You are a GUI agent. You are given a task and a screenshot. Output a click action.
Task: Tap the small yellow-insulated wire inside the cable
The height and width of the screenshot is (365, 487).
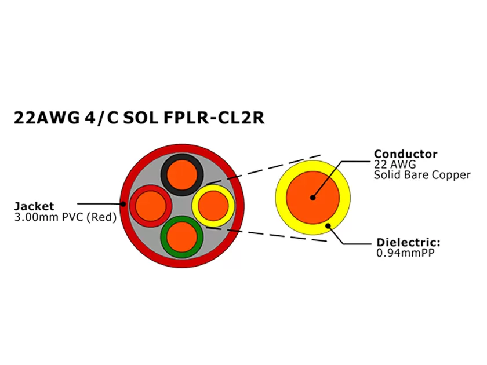213,205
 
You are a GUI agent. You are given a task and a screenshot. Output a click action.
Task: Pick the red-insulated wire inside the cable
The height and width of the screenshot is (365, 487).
150,205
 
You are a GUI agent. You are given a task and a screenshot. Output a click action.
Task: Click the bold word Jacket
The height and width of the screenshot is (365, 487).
34,206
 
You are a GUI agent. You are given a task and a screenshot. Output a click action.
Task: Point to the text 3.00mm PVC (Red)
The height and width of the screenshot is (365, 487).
66,218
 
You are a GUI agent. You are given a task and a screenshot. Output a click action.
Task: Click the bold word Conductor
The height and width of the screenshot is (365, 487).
405,154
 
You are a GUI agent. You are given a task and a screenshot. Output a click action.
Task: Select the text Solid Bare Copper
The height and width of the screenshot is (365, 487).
422,175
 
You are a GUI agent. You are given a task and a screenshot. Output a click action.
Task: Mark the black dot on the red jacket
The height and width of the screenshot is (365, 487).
123,203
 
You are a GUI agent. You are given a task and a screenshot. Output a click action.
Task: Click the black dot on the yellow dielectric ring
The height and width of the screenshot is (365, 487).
328,225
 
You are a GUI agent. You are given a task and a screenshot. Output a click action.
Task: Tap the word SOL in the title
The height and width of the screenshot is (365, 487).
143,118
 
